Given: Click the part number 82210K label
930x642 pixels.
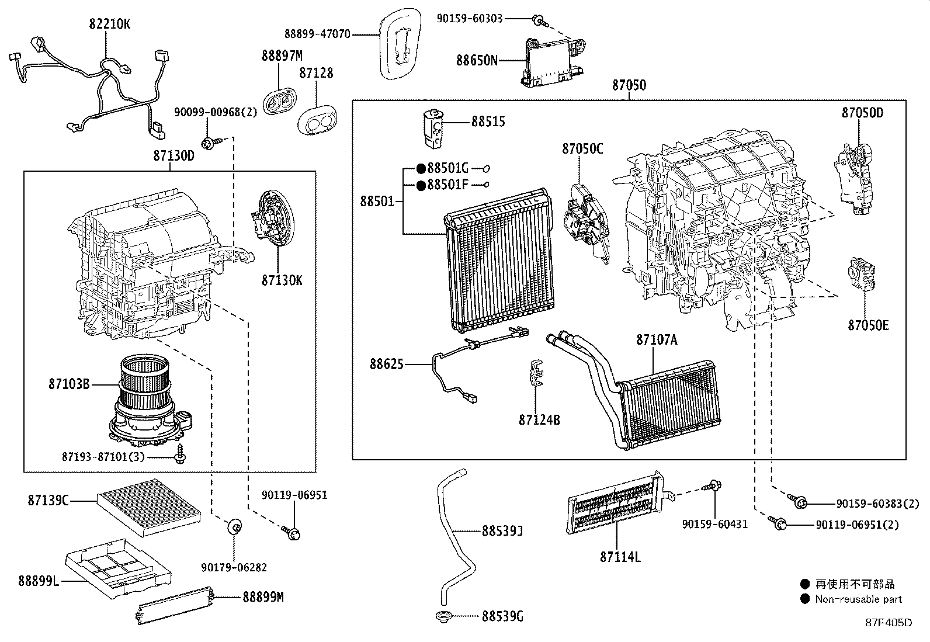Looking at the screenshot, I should pos(110,24).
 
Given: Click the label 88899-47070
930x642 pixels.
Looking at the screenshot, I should pos(317,34).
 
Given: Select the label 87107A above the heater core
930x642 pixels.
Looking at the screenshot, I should pos(656,339).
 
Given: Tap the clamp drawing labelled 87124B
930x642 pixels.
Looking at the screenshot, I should pos(536,374).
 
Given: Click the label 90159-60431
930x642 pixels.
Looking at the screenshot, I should pos(714,524).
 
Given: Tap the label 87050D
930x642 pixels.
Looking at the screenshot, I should pos(862,113).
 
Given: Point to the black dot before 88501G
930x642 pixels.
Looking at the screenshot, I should pos(421,169).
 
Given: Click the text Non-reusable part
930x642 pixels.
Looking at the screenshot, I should pos(858,599).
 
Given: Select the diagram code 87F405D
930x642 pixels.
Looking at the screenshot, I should pos(888,623).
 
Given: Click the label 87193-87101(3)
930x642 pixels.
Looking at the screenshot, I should pos(103,456).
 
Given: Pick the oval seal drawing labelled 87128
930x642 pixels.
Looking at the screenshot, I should pos(318,119).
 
